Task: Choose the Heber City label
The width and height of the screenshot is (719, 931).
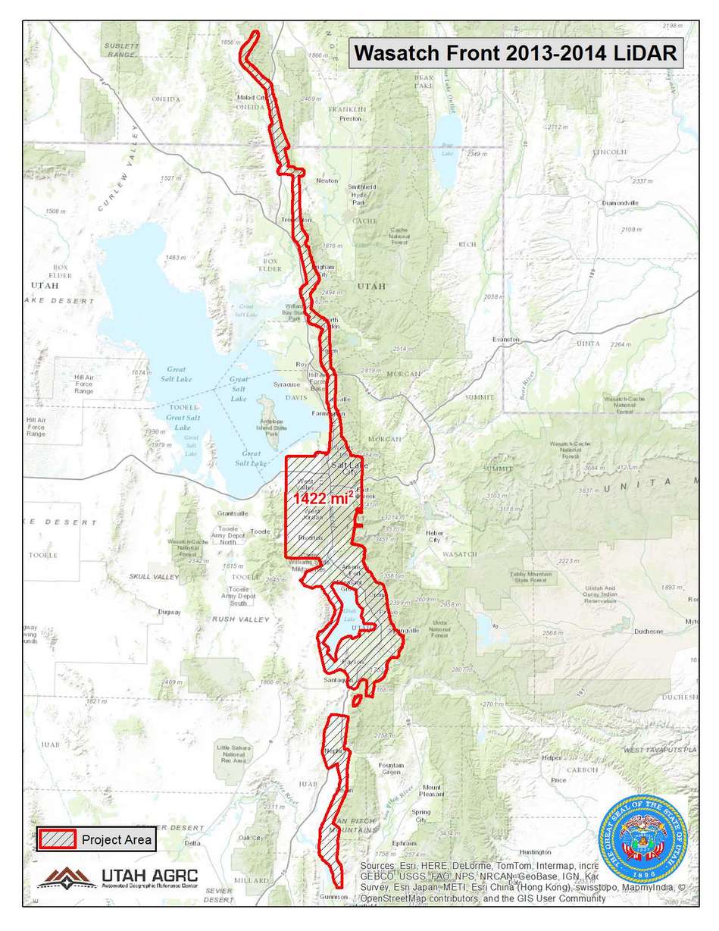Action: [434, 536]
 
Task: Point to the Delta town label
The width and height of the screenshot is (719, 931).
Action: [193, 842]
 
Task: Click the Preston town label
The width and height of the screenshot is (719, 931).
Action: [350, 119]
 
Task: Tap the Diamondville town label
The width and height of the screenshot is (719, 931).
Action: [621, 204]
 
